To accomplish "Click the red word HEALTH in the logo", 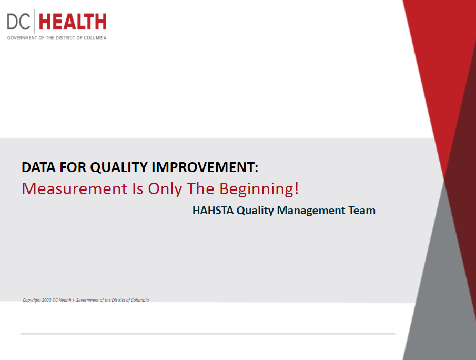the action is [73, 22].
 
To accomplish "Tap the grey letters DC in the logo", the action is [18, 22].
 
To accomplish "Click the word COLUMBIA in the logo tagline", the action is [95, 38].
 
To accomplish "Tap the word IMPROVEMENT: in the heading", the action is [205, 167].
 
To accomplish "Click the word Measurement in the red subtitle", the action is [75, 188].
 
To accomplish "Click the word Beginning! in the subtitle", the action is [259, 189].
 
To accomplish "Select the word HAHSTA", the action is [213, 211].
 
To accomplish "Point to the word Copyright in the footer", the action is [32, 300].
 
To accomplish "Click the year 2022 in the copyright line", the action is [46, 300].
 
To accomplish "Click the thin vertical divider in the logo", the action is [34, 21].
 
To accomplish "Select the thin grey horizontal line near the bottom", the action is [208, 334].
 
